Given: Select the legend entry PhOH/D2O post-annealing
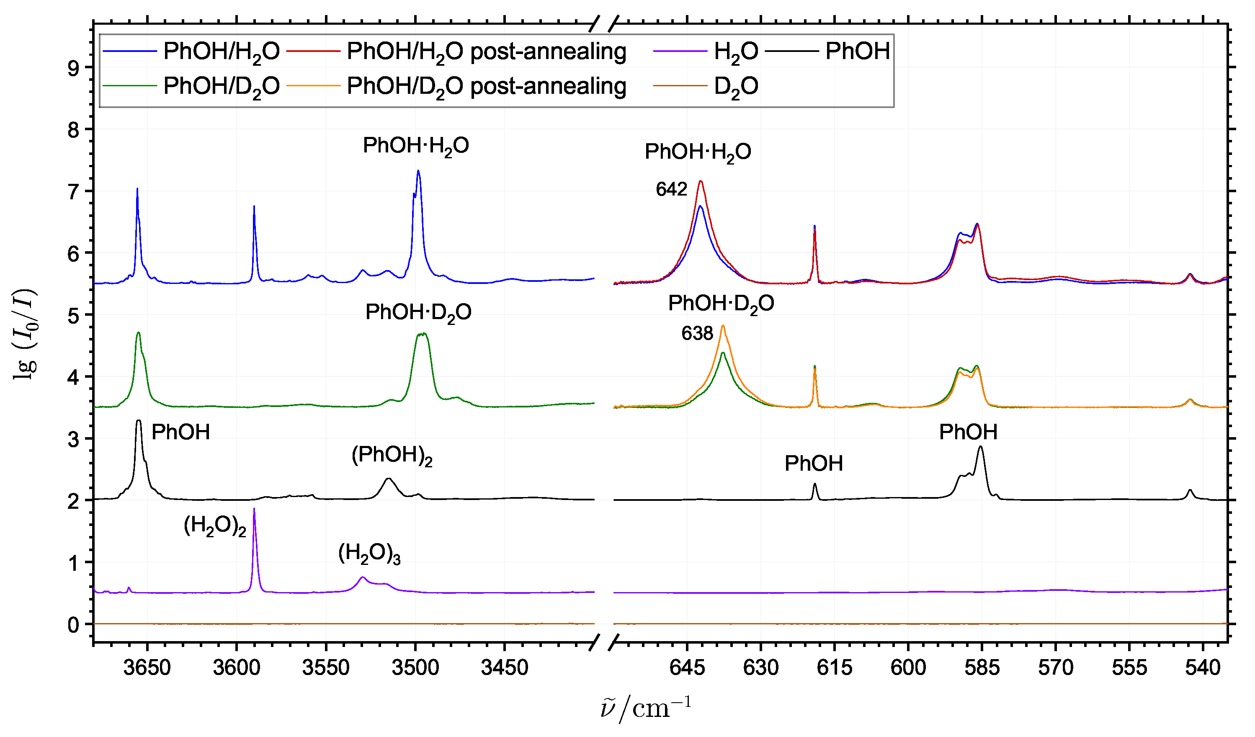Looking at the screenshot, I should pyautogui.click(x=486, y=87).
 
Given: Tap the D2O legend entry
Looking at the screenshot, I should pyautogui.click(x=736, y=87).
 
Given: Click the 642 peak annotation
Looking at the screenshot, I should pyautogui.click(x=671, y=189).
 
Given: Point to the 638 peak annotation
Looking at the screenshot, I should pyautogui.click(x=697, y=333).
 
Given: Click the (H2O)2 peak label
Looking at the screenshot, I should pyautogui.click(x=215, y=526).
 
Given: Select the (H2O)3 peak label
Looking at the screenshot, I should pyautogui.click(x=369, y=554).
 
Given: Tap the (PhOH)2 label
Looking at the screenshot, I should pyautogui.click(x=392, y=455).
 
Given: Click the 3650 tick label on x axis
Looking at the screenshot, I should pyautogui.click(x=147, y=668).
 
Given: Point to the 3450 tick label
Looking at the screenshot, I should pyautogui.click(x=504, y=668).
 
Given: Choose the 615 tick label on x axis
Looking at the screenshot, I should pyautogui.click(x=834, y=668).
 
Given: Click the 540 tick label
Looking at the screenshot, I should pyautogui.click(x=1202, y=668).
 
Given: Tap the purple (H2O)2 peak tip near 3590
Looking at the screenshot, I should pyautogui.click(x=254, y=509).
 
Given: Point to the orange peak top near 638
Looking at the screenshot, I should pyautogui.click(x=723, y=326).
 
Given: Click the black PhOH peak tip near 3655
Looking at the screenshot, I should pyautogui.click(x=139, y=421).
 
